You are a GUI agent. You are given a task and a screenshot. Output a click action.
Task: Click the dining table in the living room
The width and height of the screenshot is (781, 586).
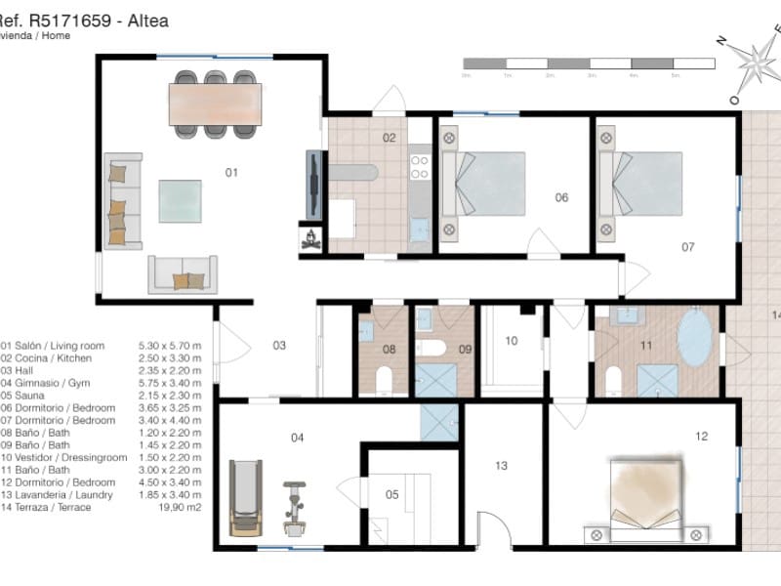(x=216, y=104)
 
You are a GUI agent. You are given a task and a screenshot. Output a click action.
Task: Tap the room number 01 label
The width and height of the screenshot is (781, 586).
(x=231, y=173)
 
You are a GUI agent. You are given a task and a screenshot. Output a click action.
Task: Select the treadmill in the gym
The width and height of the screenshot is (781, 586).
(x=245, y=498)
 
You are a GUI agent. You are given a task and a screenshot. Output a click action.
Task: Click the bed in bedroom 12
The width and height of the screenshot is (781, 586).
(x=646, y=494)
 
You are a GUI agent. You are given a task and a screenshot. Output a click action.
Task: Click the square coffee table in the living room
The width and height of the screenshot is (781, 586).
(x=181, y=201)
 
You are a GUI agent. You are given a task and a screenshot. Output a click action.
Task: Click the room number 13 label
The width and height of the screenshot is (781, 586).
(x=501, y=466)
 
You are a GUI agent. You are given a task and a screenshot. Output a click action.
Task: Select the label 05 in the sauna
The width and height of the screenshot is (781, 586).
(x=391, y=494)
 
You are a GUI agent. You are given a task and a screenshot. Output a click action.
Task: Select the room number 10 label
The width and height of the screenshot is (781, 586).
(x=511, y=341)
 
